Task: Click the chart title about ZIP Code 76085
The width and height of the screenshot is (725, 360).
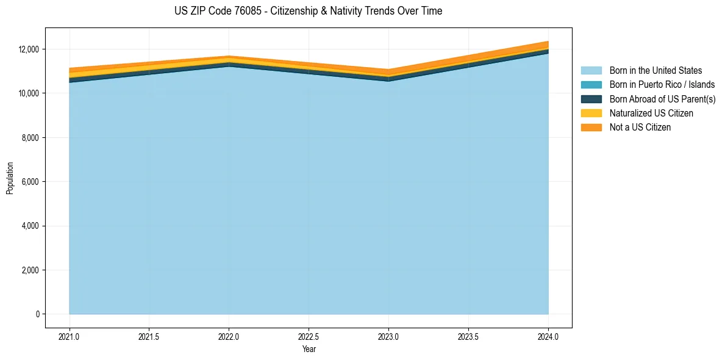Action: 308,11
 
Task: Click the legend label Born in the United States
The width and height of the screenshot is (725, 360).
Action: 655,71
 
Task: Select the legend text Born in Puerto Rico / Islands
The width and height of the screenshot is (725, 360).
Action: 662,85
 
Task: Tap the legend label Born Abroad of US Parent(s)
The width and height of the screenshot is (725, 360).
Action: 662,99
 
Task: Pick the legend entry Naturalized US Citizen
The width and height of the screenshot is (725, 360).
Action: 651,113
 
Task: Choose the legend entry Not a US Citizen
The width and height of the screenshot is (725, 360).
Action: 640,128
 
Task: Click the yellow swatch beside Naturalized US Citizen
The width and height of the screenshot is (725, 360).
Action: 591,113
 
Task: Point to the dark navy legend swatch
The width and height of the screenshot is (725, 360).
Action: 591,99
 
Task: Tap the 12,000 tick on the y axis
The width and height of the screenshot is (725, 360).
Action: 29,49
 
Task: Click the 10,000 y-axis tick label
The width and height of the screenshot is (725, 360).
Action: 29,93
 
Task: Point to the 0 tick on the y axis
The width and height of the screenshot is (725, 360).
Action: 38,314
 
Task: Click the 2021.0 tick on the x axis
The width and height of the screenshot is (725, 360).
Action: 70,336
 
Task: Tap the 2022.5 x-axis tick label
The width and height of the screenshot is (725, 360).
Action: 309,336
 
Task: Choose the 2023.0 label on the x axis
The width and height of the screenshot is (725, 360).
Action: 388,336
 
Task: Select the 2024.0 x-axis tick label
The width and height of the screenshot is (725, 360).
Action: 548,336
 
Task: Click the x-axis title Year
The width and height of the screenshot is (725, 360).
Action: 309,349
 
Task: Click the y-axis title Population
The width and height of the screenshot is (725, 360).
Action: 10,178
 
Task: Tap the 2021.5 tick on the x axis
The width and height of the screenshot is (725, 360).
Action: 149,336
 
